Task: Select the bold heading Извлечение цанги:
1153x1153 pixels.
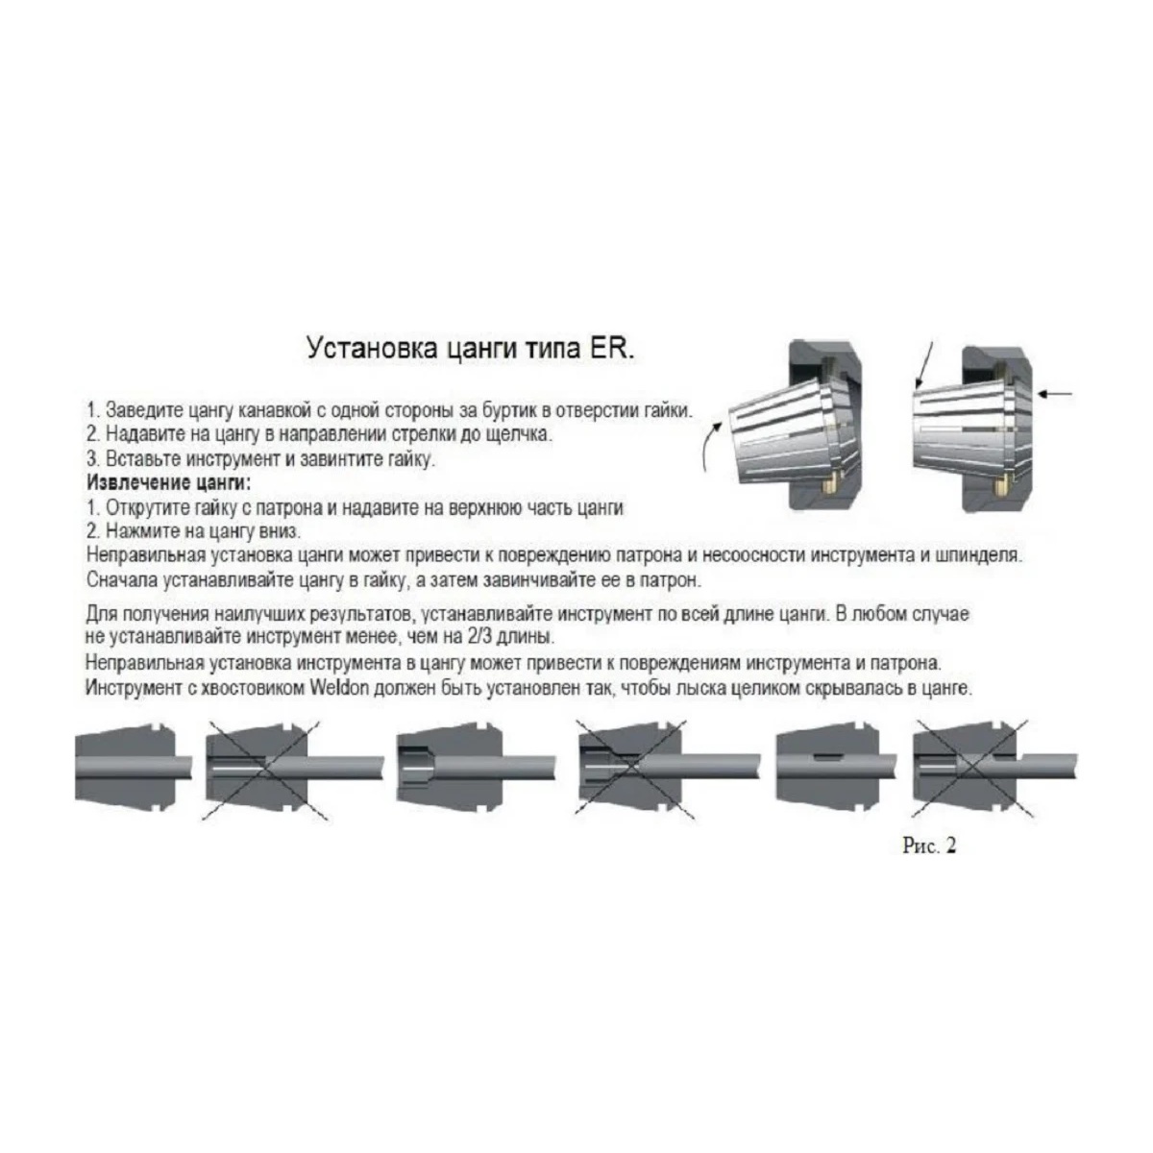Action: pyautogui.click(x=169, y=483)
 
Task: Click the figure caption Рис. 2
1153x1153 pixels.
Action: pyautogui.click(x=928, y=846)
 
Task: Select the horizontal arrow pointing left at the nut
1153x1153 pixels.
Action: pyautogui.click(x=1056, y=394)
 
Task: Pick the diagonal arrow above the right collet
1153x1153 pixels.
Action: pyautogui.click(x=923, y=365)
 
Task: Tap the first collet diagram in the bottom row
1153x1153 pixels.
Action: pyautogui.click(x=134, y=769)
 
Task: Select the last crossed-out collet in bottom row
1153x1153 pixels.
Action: pyautogui.click(x=994, y=769)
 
